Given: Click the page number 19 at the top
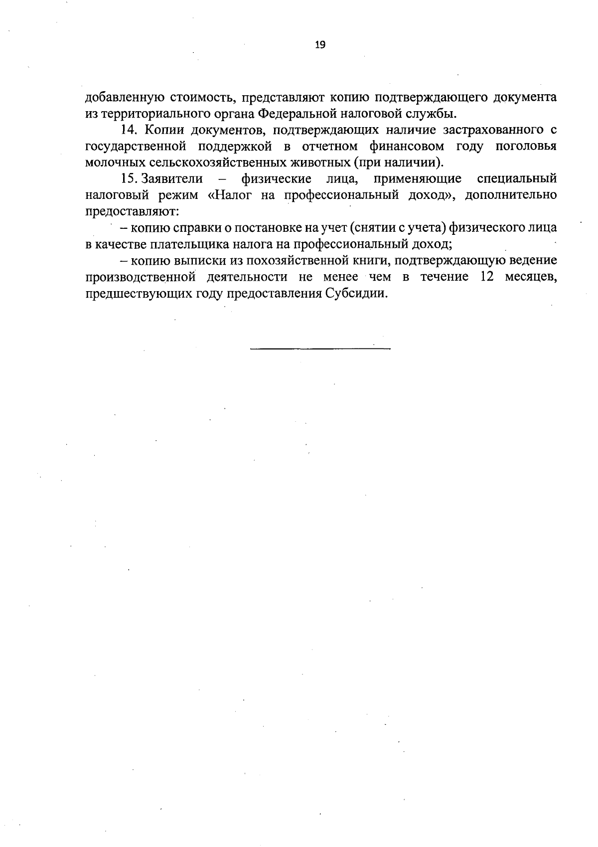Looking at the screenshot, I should pyautogui.click(x=320, y=45).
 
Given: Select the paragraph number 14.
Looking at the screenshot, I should pyautogui.click(x=129, y=130).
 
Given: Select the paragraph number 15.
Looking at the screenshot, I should pyautogui.click(x=129, y=178).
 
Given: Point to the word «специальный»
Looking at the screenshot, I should pyautogui.click(x=517, y=178).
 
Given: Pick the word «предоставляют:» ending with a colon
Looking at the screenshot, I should pyautogui.click(x=132, y=211).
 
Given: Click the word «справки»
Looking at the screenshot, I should pyautogui.click(x=199, y=228).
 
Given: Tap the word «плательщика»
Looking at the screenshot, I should pyautogui.click(x=186, y=244).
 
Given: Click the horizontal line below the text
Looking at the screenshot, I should pyautogui.click(x=320, y=348).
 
